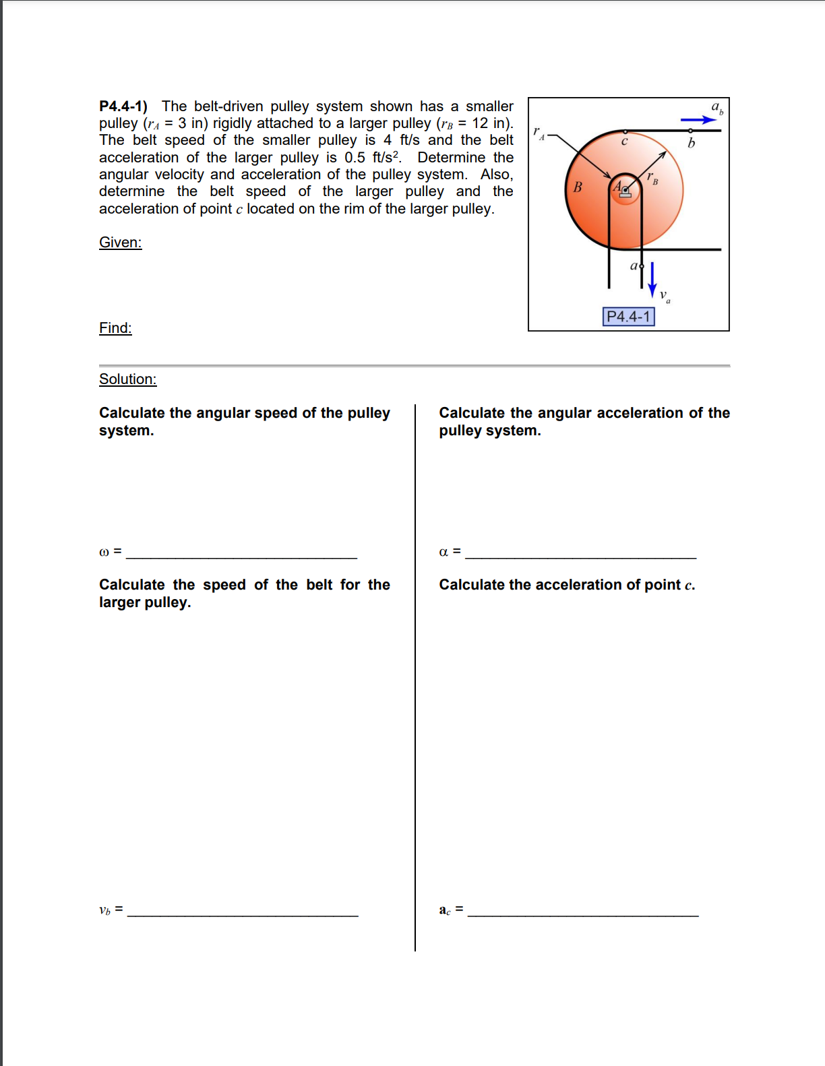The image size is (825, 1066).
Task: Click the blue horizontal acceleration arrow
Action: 698,120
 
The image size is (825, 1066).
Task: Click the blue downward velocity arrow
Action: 652,279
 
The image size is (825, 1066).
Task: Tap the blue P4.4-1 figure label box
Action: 628,316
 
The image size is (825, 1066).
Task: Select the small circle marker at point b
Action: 691,131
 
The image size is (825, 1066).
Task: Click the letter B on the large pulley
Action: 577,187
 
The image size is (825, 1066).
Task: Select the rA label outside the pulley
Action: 538,132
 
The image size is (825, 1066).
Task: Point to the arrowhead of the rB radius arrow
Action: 663,154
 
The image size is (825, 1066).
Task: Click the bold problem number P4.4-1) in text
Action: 123,106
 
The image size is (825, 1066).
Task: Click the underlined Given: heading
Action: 120,243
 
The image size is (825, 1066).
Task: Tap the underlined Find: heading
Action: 115,328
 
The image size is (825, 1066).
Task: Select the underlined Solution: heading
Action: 127,379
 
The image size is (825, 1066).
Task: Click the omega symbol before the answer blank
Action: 104,552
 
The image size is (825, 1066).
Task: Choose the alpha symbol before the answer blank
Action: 443,552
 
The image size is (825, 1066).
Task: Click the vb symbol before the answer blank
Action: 104,910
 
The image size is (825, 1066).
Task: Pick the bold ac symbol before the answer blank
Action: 444,910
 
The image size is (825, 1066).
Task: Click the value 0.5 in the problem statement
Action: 355,158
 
